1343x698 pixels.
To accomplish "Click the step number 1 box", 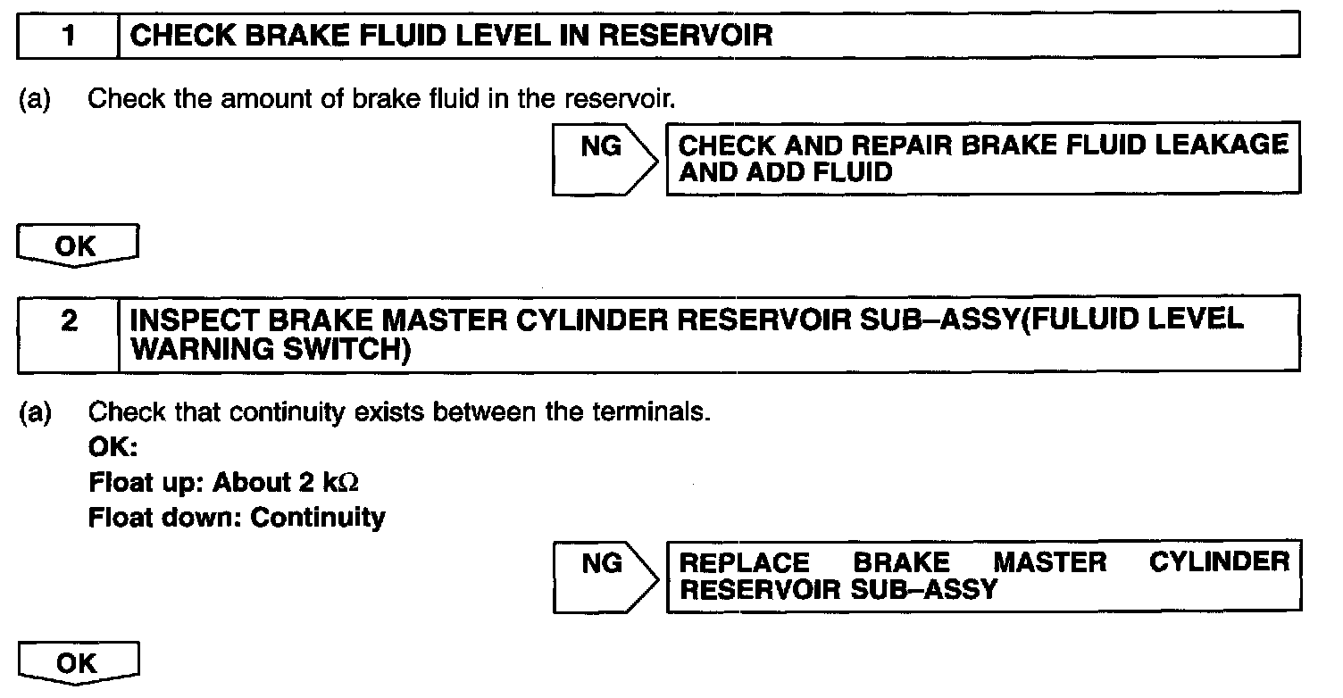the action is click(x=68, y=36).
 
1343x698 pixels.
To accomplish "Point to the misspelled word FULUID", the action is click(x=1087, y=320).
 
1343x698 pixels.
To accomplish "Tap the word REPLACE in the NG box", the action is click(x=745, y=562).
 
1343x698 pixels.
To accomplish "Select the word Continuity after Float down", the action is click(x=318, y=517).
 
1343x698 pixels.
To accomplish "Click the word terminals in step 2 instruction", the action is click(x=651, y=413).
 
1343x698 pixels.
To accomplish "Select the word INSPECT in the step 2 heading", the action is click(x=188, y=320).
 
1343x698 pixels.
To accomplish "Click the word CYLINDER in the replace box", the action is click(x=1219, y=562).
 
